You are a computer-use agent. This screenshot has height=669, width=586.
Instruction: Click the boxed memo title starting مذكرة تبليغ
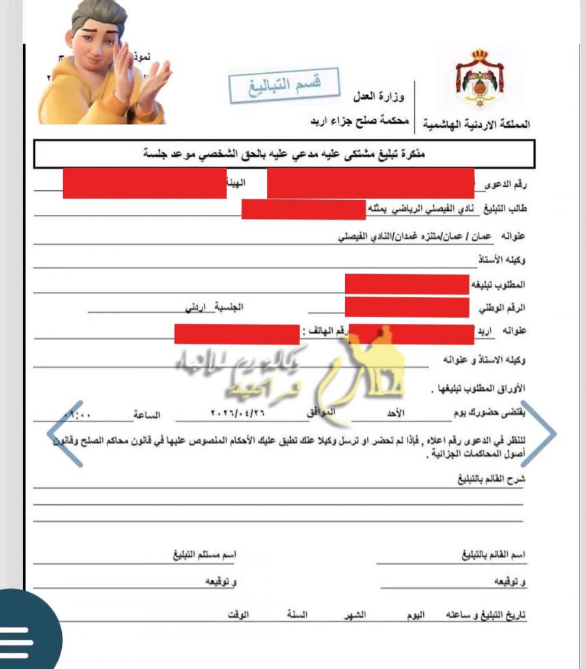[x=284, y=154]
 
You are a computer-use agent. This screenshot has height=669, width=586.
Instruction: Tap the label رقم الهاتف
[x=324, y=332]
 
